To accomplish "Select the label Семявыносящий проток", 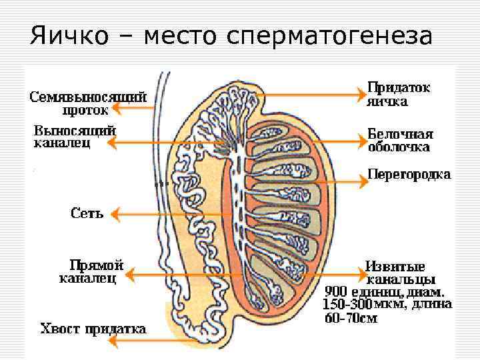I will click(87, 103).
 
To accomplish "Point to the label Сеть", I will click(87, 214).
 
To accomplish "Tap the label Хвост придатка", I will click(93, 329).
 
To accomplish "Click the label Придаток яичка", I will click(398, 95).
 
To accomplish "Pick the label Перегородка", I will click(409, 175).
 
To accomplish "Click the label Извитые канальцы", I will click(401, 272).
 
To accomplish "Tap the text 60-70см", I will click(351, 318).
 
